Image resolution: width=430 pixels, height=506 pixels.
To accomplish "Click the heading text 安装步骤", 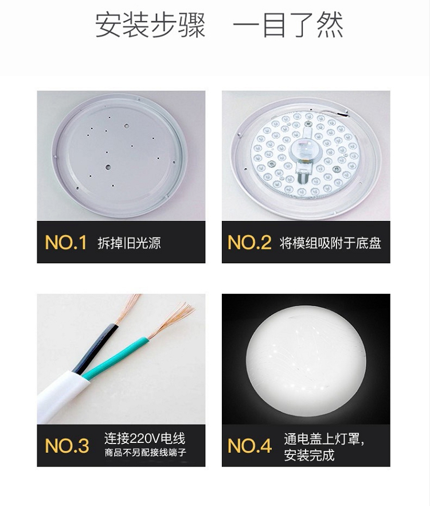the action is (x=150, y=25).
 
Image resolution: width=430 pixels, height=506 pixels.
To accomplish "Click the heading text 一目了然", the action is (x=288, y=25).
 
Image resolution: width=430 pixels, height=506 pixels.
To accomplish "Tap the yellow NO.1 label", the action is (x=66, y=242).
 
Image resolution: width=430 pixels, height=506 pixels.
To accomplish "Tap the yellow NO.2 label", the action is (x=249, y=242).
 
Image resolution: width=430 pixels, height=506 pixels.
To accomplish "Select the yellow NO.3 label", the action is (x=67, y=446).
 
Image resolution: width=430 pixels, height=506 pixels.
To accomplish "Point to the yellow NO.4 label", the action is (x=249, y=446).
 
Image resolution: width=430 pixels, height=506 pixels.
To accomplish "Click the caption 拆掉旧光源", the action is (x=129, y=243).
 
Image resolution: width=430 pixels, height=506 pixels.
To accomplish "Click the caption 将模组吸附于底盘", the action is (x=330, y=243).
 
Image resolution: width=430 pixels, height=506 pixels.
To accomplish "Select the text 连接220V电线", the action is (x=145, y=438).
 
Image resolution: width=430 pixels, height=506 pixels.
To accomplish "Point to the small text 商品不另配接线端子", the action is (x=146, y=453).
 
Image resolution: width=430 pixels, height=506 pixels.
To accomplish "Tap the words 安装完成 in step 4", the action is (x=309, y=455).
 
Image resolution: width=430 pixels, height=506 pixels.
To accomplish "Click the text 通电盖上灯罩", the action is (x=324, y=439).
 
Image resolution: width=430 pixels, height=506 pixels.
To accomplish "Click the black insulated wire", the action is (x=95, y=349).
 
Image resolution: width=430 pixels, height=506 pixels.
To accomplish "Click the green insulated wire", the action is (x=115, y=358).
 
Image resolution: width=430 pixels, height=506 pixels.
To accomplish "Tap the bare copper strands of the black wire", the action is (x=128, y=309).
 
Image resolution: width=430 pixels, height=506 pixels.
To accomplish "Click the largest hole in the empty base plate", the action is (x=108, y=167).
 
